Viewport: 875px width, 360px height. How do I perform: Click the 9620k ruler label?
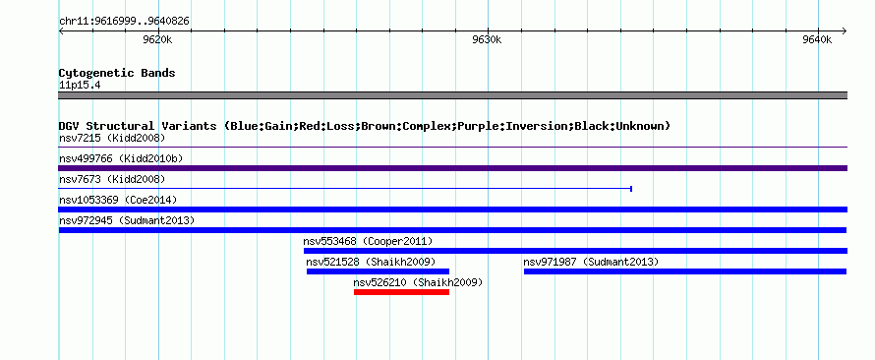point(157,39)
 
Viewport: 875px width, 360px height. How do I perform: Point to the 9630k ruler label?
point(488,39)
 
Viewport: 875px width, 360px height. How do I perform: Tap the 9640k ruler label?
point(818,39)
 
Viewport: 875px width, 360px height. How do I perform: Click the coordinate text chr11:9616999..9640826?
point(124,22)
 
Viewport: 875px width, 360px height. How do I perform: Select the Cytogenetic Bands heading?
point(117,73)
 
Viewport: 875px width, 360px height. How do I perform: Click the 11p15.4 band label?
point(80,86)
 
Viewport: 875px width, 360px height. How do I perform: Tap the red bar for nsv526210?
point(401,292)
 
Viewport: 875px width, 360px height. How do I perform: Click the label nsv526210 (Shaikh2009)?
point(418,282)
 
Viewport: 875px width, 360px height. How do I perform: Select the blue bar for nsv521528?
point(378,271)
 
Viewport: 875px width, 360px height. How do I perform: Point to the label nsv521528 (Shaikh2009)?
point(371,262)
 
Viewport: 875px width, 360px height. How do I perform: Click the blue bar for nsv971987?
point(685,271)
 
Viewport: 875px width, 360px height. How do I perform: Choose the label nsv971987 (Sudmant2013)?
point(591,262)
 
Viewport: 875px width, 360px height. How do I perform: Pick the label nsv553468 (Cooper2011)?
point(369,241)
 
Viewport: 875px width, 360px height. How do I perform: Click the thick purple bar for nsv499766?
point(453,168)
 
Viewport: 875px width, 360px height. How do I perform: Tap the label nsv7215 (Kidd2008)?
point(112,138)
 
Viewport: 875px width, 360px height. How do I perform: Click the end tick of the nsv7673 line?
point(630,189)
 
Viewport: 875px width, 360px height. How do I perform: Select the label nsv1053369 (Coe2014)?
point(118,200)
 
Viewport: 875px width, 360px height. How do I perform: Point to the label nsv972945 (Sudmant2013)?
point(127,220)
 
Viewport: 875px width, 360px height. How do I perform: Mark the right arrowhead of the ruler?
point(846,31)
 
